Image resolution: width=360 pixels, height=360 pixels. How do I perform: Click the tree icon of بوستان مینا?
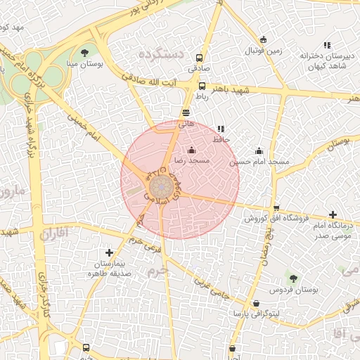85,53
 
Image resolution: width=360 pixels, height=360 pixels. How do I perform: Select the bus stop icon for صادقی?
200,58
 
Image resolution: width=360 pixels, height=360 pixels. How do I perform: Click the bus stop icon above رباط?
202,86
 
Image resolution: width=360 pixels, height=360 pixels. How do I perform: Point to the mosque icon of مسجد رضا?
192,149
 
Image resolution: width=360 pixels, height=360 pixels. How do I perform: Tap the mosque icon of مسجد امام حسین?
259,150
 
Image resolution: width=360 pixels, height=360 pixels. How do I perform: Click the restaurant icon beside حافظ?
221,129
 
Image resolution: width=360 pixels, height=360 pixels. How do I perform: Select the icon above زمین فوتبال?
263,39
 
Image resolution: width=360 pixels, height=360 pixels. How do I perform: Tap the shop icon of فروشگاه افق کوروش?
276,207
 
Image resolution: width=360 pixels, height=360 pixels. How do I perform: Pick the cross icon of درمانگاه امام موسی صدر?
333,214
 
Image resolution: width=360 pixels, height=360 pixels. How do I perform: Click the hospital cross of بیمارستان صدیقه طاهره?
108,252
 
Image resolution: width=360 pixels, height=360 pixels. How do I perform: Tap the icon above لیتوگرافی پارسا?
256,304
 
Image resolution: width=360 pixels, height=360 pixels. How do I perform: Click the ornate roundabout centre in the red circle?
160,188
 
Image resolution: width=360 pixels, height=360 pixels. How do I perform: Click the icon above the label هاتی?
186,112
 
